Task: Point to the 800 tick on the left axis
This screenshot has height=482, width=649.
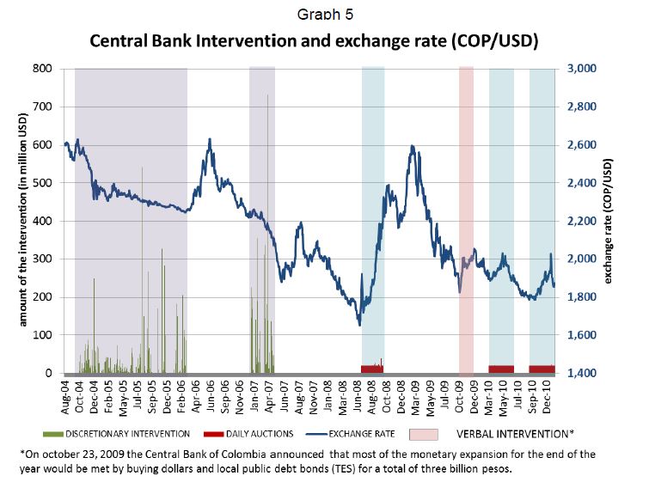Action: click(x=42, y=69)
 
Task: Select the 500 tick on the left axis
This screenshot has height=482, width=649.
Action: click(x=42, y=183)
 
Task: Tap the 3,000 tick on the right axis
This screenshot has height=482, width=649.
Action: click(x=581, y=69)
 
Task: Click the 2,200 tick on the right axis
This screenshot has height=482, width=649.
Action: click(x=581, y=221)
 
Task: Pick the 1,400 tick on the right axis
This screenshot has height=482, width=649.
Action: click(x=581, y=373)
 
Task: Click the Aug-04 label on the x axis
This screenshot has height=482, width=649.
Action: click(x=66, y=396)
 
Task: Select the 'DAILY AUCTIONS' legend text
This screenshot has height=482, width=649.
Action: click(x=255, y=434)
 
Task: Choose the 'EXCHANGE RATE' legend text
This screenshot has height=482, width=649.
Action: click(x=360, y=434)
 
